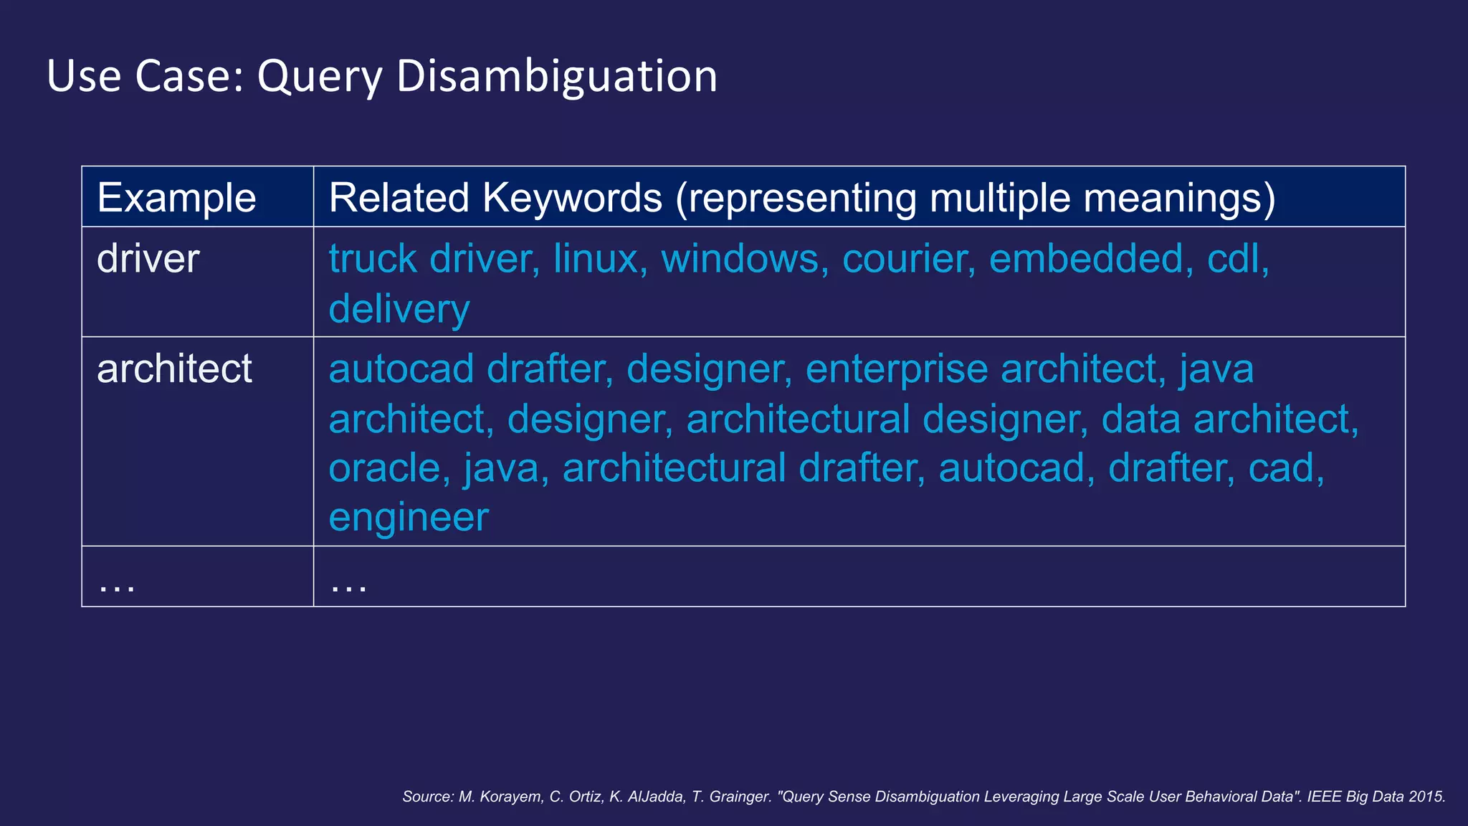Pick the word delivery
(x=399, y=310)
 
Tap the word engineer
(x=409, y=518)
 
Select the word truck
(x=373, y=259)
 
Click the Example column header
(x=176, y=198)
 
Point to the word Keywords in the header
(x=572, y=198)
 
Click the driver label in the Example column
(x=148, y=259)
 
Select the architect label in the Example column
(x=174, y=369)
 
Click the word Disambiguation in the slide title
(x=556, y=76)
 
